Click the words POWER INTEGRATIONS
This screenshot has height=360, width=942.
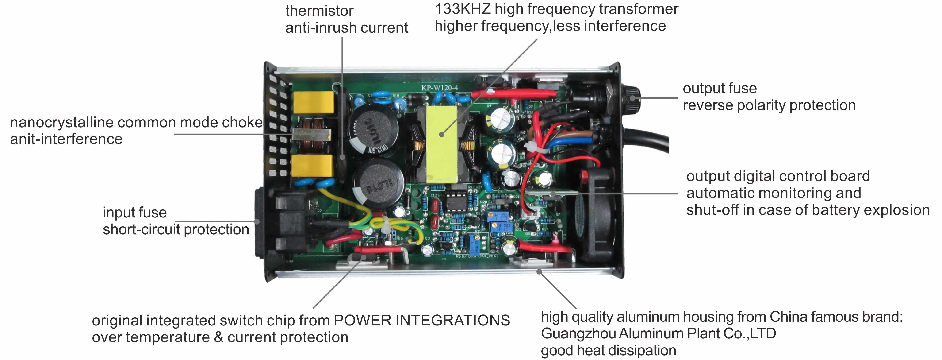pyautogui.click(x=422, y=321)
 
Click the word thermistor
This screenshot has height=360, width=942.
pyautogui.click(x=319, y=11)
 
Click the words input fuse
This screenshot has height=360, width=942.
pyautogui.click(x=134, y=213)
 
